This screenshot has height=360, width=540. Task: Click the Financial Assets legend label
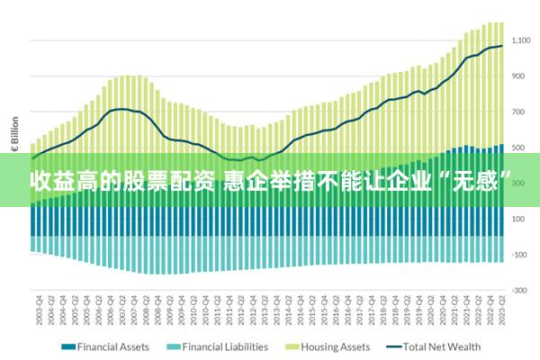(113, 346)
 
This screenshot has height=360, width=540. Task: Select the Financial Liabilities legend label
(226, 346)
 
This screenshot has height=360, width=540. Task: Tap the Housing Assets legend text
(335, 346)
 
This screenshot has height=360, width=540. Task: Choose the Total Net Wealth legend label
(441, 346)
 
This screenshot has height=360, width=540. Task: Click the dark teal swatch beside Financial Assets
(67, 346)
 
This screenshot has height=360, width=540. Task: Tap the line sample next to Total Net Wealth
(392, 346)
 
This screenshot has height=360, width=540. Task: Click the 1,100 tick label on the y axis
(521, 40)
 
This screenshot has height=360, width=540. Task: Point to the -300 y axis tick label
(519, 290)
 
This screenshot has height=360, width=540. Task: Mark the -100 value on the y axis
(519, 255)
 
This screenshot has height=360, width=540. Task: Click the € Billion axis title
(15, 135)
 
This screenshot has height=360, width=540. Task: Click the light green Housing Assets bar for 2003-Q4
(34, 148)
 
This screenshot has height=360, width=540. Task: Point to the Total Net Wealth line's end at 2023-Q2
(501, 46)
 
